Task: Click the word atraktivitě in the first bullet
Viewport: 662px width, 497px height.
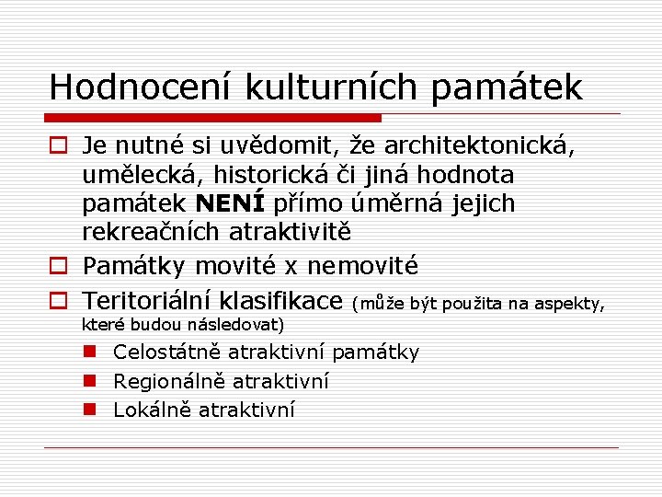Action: (x=290, y=233)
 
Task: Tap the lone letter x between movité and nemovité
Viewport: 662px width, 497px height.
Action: (x=291, y=267)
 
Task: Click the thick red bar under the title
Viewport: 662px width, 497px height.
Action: (x=214, y=118)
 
